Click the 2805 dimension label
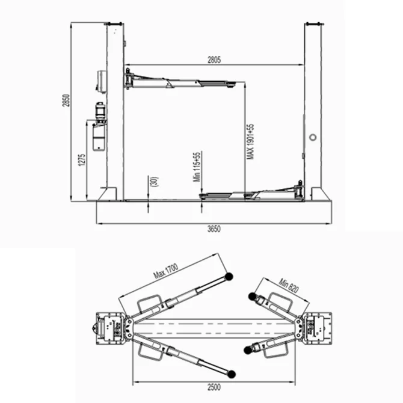[214, 60]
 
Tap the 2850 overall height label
[66, 100]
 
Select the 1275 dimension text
[82, 160]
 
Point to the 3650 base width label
[214, 229]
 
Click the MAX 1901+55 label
[250, 141]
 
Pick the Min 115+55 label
[197, 167]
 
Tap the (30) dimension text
[155, 182]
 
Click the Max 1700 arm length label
[166, 271]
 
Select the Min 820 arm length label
[289, 285]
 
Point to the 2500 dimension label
[214, 387]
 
